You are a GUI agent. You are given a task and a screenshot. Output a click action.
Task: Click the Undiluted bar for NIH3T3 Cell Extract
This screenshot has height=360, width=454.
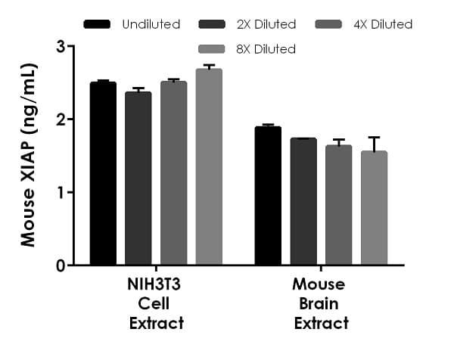[103, 174]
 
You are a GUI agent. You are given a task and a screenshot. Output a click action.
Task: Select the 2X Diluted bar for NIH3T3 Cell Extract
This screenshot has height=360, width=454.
[138, 178]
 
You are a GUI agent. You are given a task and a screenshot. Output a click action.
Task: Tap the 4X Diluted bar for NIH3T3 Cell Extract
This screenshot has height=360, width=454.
[173, 174]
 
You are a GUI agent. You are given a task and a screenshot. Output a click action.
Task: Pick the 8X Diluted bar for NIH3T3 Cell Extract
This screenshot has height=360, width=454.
[209, 167]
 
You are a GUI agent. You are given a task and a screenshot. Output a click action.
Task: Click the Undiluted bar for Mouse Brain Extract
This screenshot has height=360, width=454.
[268, 197]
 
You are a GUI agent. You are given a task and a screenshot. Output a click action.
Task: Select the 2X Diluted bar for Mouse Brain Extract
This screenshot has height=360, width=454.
[303, 202]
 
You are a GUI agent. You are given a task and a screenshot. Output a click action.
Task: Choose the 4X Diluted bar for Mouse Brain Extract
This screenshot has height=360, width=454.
[338, 206]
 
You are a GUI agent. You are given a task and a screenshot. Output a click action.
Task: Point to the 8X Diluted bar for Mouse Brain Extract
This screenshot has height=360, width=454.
[374, 209]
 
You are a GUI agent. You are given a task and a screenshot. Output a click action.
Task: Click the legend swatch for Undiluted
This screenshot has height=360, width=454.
[98, 24]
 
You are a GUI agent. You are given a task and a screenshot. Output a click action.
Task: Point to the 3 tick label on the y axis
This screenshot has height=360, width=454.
[60, 47]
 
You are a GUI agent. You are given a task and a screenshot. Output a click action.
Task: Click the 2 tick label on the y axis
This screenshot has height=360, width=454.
[60, 119]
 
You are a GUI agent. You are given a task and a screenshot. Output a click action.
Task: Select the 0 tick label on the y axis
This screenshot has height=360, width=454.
[60, 265]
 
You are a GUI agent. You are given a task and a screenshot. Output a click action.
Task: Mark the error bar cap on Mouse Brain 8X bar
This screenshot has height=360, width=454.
[374, 137]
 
